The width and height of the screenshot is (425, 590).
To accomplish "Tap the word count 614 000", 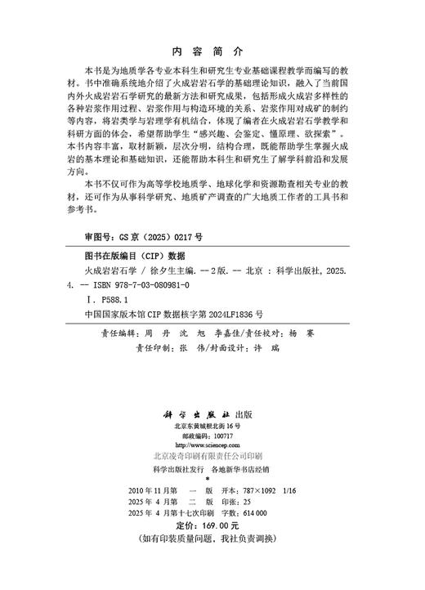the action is click(x=263, y=516).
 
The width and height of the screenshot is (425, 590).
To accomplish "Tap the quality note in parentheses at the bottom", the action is click(x=212, y=543).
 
